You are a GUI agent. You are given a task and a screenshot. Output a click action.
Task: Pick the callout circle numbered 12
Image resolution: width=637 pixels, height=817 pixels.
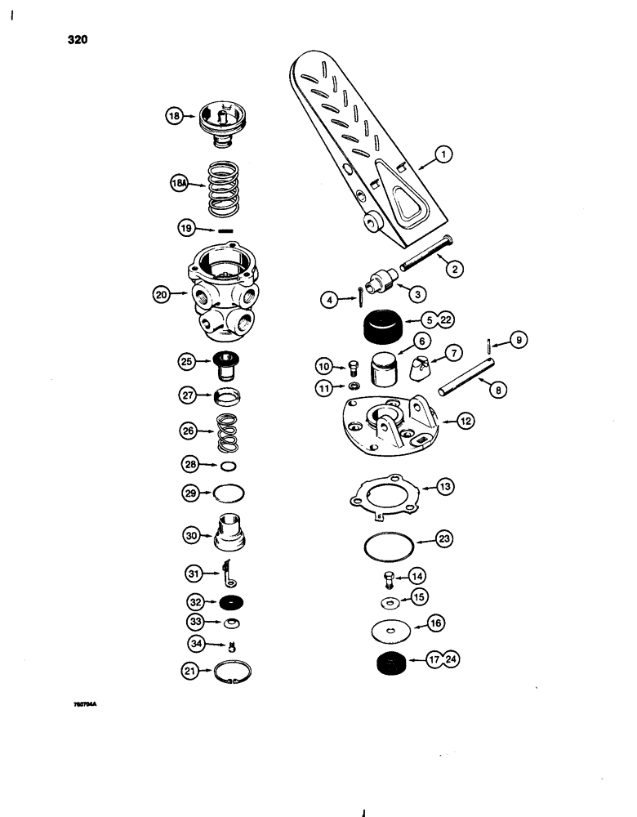466,422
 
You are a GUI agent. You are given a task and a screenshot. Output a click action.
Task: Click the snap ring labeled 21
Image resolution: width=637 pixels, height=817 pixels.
233,673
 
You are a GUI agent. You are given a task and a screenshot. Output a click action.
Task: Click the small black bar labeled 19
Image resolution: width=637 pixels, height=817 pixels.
220,230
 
